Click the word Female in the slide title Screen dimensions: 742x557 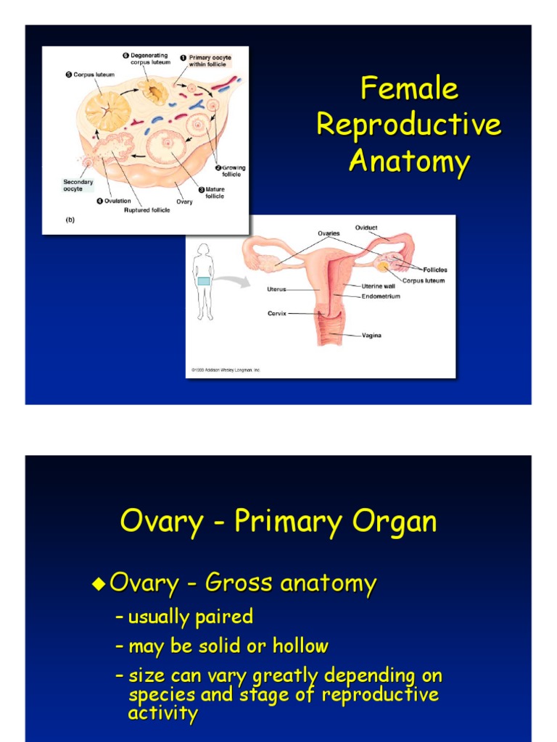409,89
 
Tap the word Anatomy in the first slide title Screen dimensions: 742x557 409,161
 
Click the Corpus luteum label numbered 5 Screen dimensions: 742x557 90,74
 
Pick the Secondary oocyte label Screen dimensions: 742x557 78,185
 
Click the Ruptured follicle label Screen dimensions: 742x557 146,211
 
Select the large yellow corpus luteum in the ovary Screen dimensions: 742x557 108,111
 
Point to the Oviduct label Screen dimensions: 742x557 366,228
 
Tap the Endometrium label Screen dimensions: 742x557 380,296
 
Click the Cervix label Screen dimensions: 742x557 277,314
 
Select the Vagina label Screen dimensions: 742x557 371,335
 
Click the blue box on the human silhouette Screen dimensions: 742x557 204,281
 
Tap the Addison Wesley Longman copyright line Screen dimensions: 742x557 226,370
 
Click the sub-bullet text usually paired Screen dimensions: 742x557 190,617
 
